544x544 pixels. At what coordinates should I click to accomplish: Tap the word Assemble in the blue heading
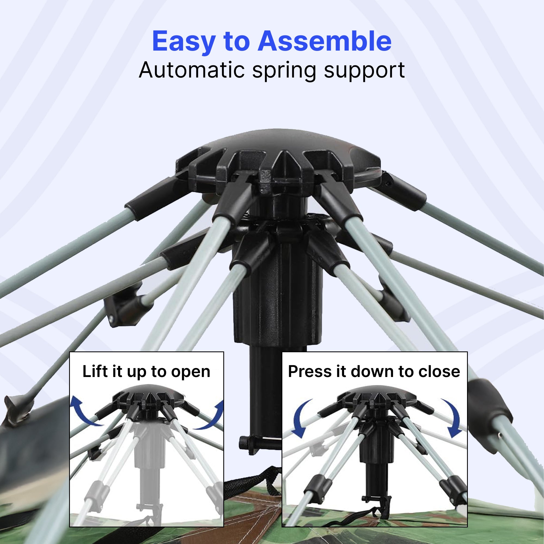click(324, 41)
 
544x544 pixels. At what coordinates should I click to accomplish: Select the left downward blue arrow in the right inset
click(301, 418)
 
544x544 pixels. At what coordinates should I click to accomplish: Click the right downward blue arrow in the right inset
click(453, 418)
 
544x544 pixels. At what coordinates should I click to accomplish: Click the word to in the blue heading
click(237, 42)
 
